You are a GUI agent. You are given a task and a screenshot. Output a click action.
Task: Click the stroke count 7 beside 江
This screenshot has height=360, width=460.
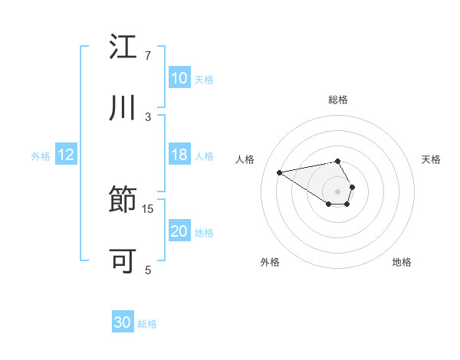tap(148, 56)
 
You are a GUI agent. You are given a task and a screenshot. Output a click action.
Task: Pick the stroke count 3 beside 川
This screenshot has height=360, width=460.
tap(148, 116)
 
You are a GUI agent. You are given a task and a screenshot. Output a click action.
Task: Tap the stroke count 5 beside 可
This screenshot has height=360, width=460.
tap(148, 270)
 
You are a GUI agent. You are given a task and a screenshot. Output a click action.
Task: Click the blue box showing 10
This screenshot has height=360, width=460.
tap(179, 78)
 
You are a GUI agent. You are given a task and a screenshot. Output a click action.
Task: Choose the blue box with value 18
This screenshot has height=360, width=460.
tap(179, 155)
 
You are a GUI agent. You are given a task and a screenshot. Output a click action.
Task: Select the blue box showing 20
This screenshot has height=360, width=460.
tap(179, 231)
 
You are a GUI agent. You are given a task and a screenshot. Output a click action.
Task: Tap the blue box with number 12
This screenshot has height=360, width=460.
tap(66, 155)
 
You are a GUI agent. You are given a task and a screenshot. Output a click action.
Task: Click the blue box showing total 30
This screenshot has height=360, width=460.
tap(123, 323)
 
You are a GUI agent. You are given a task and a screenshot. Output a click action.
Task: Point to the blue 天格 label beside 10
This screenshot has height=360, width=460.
tap(204, 79)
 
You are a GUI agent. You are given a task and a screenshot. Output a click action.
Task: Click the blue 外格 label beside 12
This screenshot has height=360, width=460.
tap(41, 155)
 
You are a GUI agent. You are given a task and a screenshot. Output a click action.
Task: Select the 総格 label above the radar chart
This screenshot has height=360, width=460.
tap(338, 100)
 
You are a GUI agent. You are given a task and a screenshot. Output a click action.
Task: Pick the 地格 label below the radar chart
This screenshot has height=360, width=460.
tap(402, 262)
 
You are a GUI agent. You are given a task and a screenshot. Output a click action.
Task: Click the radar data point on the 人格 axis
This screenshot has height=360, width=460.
tap(280, 172)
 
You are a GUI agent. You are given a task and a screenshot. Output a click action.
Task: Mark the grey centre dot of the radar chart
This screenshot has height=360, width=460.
tap(337, 190)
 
